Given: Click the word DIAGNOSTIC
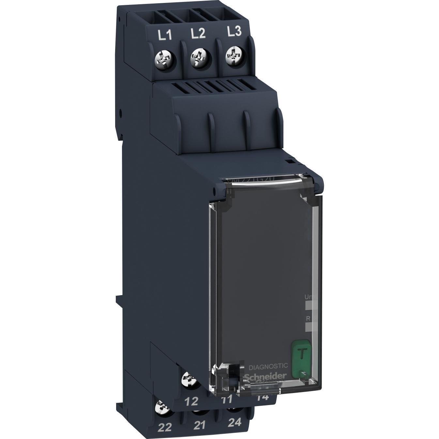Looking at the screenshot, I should (x=268, y=367).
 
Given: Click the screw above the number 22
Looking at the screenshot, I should (x=162, y=407).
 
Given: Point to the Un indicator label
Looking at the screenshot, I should (x=308, y=297).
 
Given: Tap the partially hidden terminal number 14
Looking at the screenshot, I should (x=263, y=397).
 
